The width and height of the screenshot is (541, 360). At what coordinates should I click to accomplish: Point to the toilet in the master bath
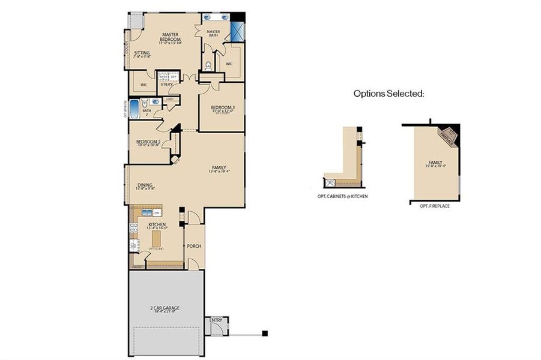[208, 65]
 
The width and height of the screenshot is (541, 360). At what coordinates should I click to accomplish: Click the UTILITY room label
[166, 85]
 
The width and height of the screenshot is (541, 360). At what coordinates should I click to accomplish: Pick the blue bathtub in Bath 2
[134, 110]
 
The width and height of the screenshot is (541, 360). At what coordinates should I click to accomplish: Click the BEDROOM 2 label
[148, 143]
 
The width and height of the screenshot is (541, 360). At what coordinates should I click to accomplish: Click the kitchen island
[158, 239]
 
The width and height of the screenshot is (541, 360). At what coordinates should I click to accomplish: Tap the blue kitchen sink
[147, 213]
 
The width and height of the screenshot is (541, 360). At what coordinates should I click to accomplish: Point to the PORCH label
[194, 246]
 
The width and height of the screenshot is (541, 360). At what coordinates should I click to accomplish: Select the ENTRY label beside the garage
[216, 320]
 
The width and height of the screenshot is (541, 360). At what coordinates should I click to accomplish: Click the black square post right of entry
[264, 333]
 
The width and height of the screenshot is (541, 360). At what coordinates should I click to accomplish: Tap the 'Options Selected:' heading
[388, 94]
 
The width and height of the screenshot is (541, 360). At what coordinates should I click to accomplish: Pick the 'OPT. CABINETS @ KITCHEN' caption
[343, 196]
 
